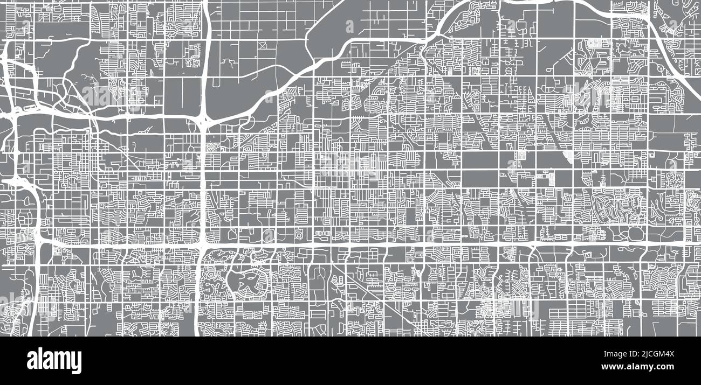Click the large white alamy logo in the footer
pyautogui.click(x=54, y=361)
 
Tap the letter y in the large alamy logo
pyautogui.click(x=77, y=363)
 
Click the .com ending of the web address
pyautogui.click(x=664, y=367)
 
